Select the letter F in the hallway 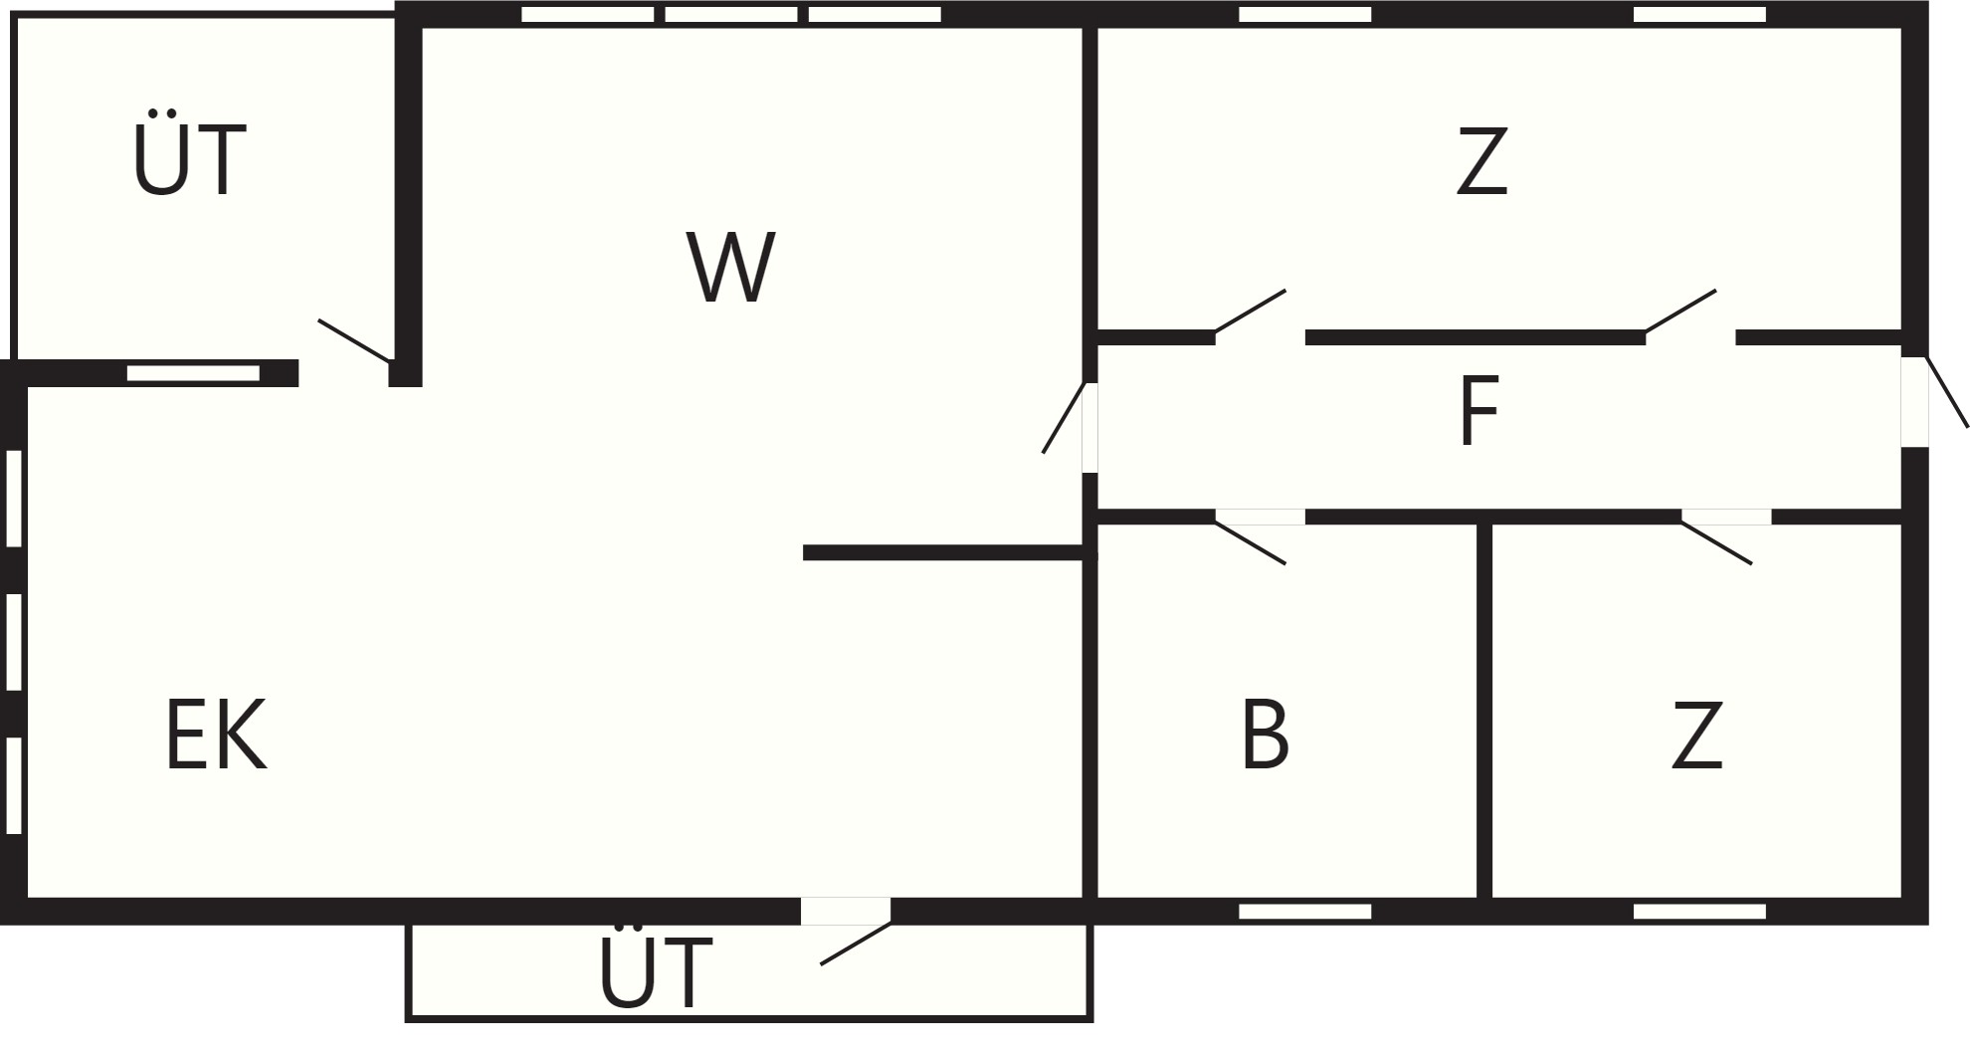[x=1478, y=412]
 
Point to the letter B [x=1266, y=735]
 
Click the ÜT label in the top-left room [x=189, y=159]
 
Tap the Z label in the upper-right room [x=1481, y=161]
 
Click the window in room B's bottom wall [x=1304, y=911]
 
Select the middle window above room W [x=731, y=15]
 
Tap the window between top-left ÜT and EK [x=193, y=373]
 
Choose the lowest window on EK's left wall [x=14, y=785]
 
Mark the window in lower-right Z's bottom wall [x=1699, y=911]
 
